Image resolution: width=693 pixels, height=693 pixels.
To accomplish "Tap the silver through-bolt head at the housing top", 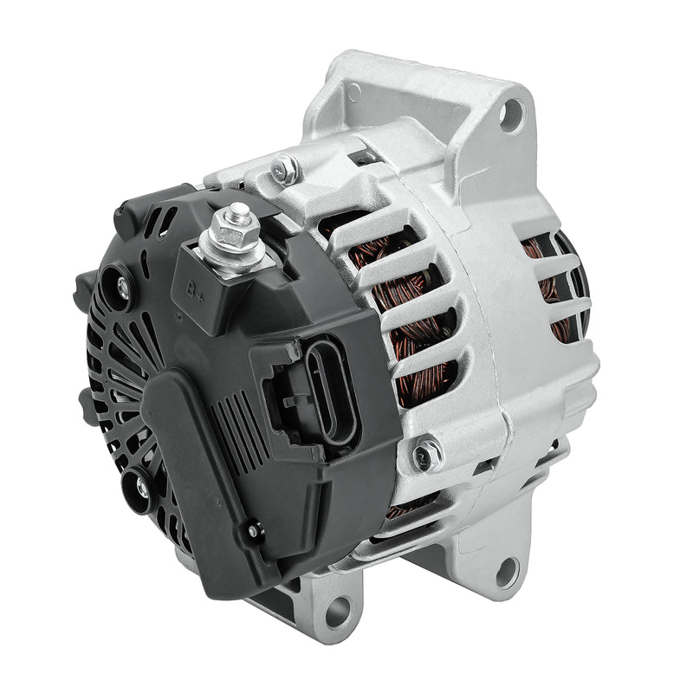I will click(282, 168).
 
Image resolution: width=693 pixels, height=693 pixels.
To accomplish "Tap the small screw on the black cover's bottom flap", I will click(252, 531).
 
